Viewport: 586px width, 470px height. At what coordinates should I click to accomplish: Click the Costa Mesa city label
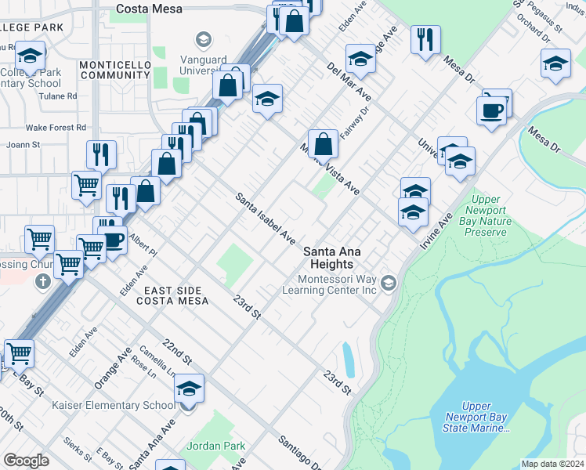[149, 9]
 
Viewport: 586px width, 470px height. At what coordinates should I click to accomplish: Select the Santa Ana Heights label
[338, 257]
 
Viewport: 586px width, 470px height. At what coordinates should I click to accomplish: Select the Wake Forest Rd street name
[56, 127]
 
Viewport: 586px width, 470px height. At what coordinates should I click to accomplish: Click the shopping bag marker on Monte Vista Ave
[323, 145]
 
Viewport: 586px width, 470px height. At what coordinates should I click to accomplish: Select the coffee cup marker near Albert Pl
[114, 240]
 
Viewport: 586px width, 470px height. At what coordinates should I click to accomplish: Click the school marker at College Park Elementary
[30, 56]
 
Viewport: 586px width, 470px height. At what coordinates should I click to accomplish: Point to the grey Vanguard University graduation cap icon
[203, 40]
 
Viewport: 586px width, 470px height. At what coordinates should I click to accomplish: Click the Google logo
[26, 461]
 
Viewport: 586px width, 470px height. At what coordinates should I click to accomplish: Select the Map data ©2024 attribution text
[553, 464]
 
